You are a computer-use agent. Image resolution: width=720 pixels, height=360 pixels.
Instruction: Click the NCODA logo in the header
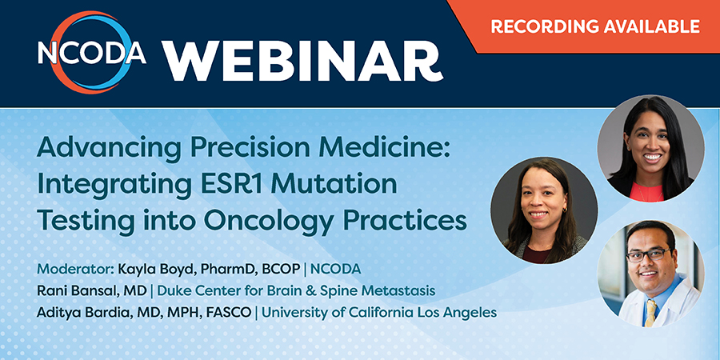click(92, 53)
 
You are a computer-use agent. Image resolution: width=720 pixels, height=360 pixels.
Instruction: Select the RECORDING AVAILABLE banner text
click(595, 26)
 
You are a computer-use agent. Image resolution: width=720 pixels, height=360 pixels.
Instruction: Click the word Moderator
click(75, 270)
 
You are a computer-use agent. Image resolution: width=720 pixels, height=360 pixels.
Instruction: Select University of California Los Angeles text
click(379, 312)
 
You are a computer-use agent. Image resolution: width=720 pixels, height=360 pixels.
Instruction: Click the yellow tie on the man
click(650, 312)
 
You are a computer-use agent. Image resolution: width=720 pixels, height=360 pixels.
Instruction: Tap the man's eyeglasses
click(648, 254)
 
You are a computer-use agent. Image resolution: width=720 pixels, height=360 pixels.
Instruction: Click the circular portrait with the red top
click(650, 148)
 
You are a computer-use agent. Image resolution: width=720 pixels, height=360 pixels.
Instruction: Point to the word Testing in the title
click(78, 221)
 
